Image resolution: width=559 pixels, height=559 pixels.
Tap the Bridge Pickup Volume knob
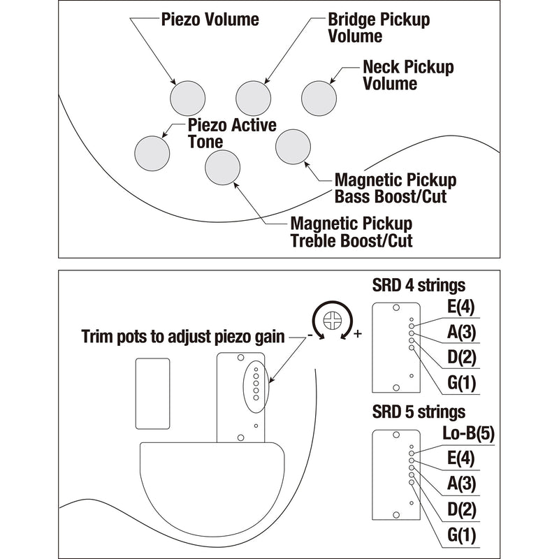click(253, 97)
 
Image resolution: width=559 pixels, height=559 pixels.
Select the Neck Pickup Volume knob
click(318, 97)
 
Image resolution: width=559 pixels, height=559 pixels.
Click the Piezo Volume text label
click(210, 19)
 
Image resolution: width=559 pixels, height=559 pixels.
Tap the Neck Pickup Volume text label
click(408, 75)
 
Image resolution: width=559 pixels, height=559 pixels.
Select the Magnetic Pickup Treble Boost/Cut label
click(351, 233)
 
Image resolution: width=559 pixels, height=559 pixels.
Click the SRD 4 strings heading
click(419, 285)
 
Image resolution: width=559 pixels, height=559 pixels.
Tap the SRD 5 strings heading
click(419, 412)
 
